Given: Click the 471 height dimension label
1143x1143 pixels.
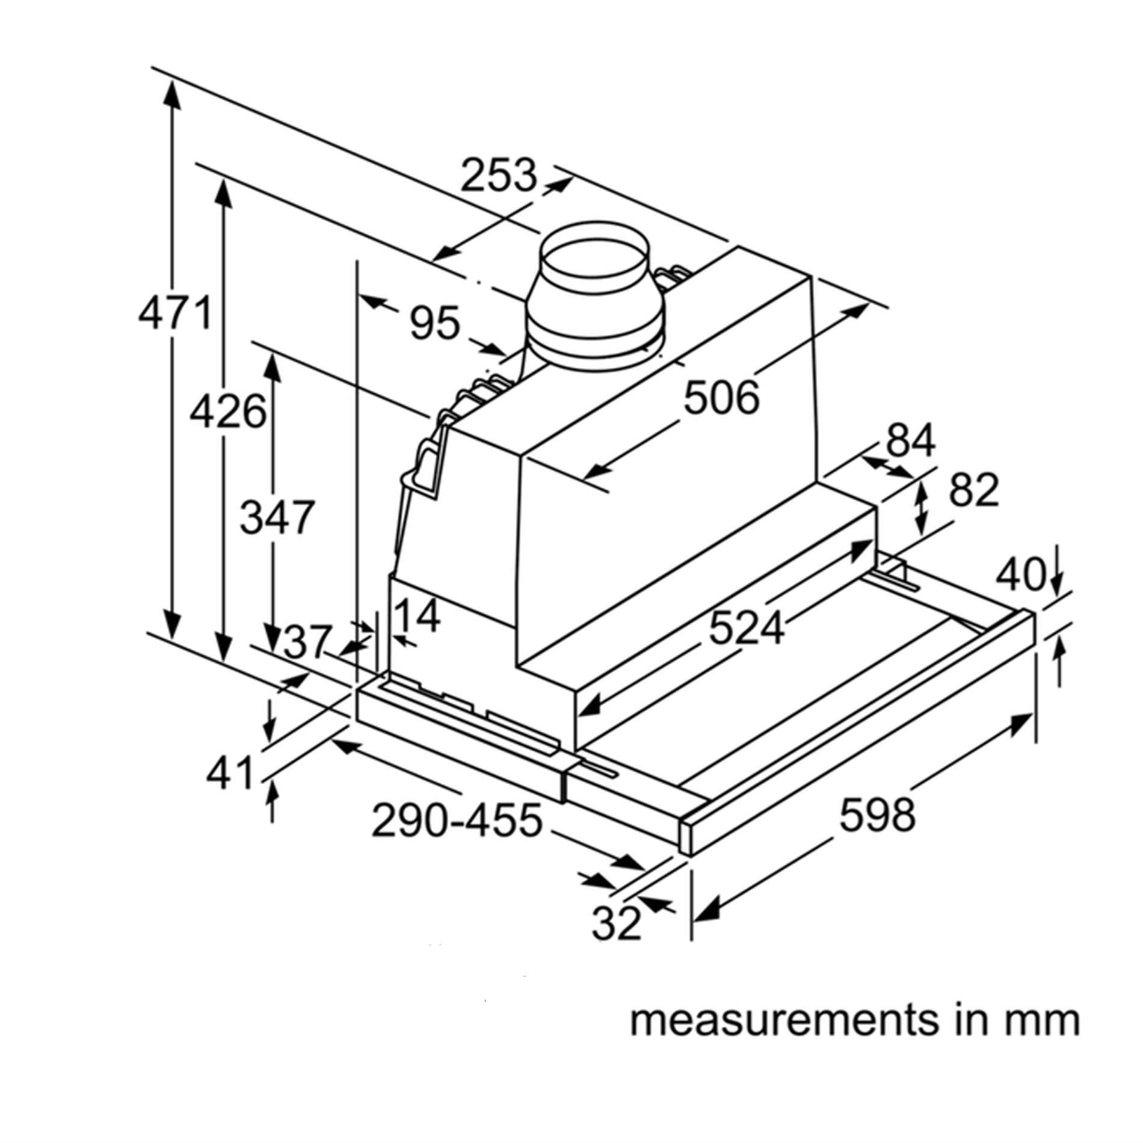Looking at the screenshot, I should (x=175, y=313).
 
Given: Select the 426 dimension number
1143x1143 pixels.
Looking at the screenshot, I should (x=227, y=411).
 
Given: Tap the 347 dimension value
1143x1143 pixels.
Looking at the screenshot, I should (x=277, y=517).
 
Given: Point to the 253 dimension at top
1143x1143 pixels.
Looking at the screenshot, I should (x=498, y=176).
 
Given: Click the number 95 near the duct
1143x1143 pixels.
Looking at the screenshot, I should (x=434, y=323).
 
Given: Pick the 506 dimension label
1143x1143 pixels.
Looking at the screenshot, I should (x=722, y=398).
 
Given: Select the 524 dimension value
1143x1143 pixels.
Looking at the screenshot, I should (x=747, y=628).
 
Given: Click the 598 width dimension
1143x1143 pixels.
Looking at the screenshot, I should (x=877, y=815).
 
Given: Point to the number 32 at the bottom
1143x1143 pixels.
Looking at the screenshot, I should (x=617, y=923).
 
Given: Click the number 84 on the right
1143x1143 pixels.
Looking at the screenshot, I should (x=910, y=441).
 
